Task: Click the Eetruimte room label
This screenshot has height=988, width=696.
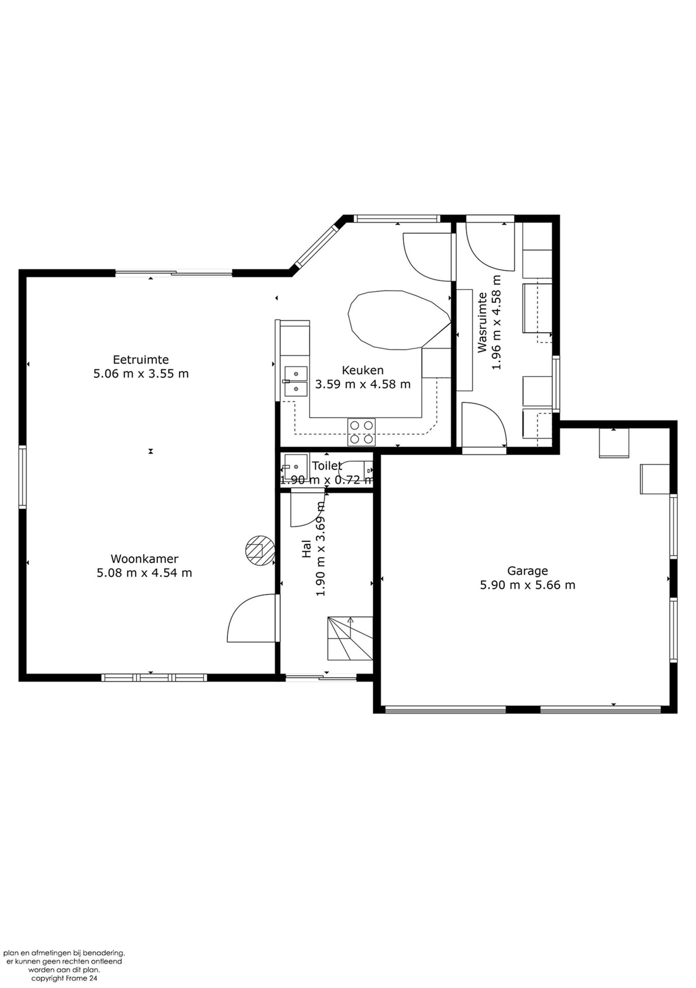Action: pyautogui.click(x=141, y=359)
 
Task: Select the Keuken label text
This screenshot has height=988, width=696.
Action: pyautogui.click(x=363, y=370)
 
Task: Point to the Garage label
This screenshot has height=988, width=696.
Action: pyautogui.click(x=527, y=571)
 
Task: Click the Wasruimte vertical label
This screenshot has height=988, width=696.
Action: pyautogui.click(x=483, y=322)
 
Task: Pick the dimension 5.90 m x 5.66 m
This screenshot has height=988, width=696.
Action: pyautogui.click(x=527, y=585)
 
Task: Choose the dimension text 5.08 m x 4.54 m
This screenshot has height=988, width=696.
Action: pyautogui.click(x=144, y=573)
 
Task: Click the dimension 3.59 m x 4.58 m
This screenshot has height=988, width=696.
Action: pyautogui.click(x=363, y=384)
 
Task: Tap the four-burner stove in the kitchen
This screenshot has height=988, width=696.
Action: pyautogui.click(x=361, y=432)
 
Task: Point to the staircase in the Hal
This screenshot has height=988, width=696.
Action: pyautogui.click(x=350, y=638)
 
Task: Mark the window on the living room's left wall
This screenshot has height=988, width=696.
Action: pyautogui.click(x=22, y=477)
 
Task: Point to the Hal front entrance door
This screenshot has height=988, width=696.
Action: pyautogui.click(x=321, y=678)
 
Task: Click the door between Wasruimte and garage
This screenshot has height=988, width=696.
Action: pyautogui.click(x=484, y=424)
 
